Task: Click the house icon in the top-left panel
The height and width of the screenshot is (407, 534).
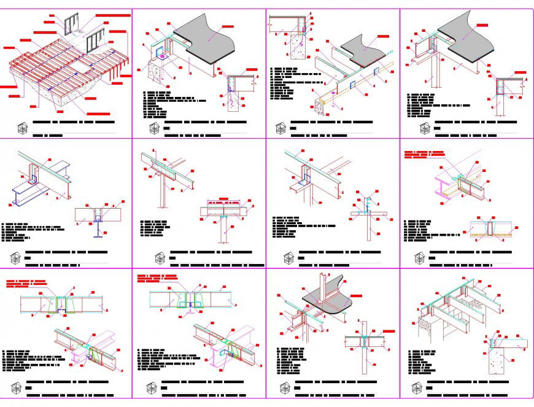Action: [x=23, y=128]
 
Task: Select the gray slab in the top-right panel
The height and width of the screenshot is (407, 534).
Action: [x=466, y=37]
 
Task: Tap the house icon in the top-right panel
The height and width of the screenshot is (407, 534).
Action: [x=424, y=128]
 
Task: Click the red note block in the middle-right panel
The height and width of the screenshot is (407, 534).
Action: [x=423, y=153]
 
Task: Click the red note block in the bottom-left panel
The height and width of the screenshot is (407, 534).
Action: [x=25, y=284]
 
